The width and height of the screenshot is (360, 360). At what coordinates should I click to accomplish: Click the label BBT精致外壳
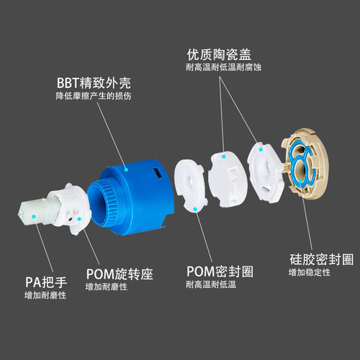(x=94, y=83)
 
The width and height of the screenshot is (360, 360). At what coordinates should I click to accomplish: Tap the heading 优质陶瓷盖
(x=219, y=55)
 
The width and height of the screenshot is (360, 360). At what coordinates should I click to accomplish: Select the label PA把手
(x=46, y=282)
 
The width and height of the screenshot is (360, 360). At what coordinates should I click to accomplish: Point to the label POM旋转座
(x=120, y=274)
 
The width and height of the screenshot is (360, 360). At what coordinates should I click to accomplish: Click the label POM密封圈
(x=220, y=271)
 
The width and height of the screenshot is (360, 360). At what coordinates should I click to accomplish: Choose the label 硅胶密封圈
(x=322, y=259)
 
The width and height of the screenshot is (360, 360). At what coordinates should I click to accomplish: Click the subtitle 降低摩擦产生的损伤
(x=94, y=96)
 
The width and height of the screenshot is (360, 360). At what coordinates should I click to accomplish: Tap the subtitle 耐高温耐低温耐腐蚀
(x=223, y=67)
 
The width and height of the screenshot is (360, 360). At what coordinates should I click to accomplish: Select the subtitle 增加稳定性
(x=310, y=272)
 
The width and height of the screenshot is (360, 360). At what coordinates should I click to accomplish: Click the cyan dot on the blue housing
(x=126, y=170)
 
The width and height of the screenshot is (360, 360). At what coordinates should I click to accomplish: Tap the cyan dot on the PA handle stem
(x=34, y=217)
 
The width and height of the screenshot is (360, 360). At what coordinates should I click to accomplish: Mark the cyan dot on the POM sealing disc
(x=195, y=210)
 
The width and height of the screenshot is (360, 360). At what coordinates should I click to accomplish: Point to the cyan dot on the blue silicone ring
(x=300, y=181)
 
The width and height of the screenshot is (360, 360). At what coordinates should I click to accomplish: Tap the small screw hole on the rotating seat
(x=70, y=220)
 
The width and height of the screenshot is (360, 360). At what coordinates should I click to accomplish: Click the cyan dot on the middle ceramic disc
(x=223, y=157)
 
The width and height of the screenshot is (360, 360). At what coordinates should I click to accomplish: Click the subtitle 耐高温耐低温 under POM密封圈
(x=211, y=284)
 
